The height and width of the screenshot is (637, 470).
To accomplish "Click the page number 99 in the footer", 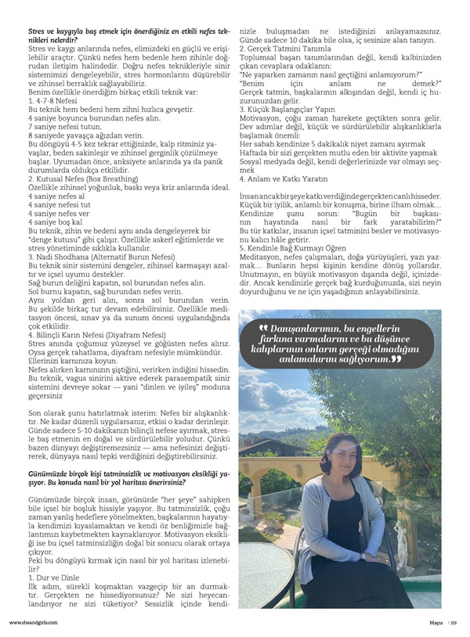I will coord(454,623).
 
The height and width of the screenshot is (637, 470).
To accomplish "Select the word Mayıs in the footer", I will coord(435,623).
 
